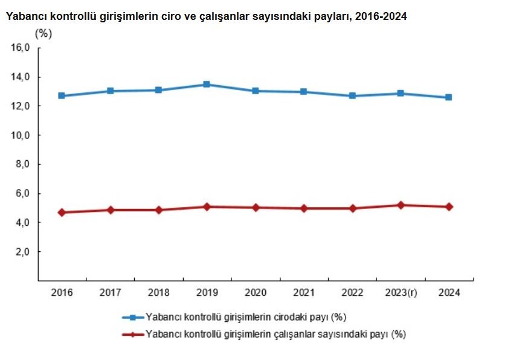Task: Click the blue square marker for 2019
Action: click(x=207, y=85)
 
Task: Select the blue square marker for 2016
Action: click(x=62, y=95)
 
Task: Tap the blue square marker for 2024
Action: click(x=448, y=97)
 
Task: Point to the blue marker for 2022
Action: click(x=352, y=95)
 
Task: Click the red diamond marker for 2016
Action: click(x=62, y=213)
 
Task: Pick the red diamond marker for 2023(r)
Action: click(x=401, y=205)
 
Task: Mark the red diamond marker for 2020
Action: click(x=256, y=208)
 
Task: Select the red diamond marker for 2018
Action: click(x=158, y=210)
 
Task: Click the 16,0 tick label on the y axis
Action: click(x=21, y=48)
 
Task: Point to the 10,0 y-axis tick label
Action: click(x=21, y=135)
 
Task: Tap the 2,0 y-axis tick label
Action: click(x=23, y=252)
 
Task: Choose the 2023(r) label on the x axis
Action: click(x=401, y=293)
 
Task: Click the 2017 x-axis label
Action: click(x=110, y=293)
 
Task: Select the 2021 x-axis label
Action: click(x=304, y=293)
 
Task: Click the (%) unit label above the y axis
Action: click(x=43, y=34)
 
